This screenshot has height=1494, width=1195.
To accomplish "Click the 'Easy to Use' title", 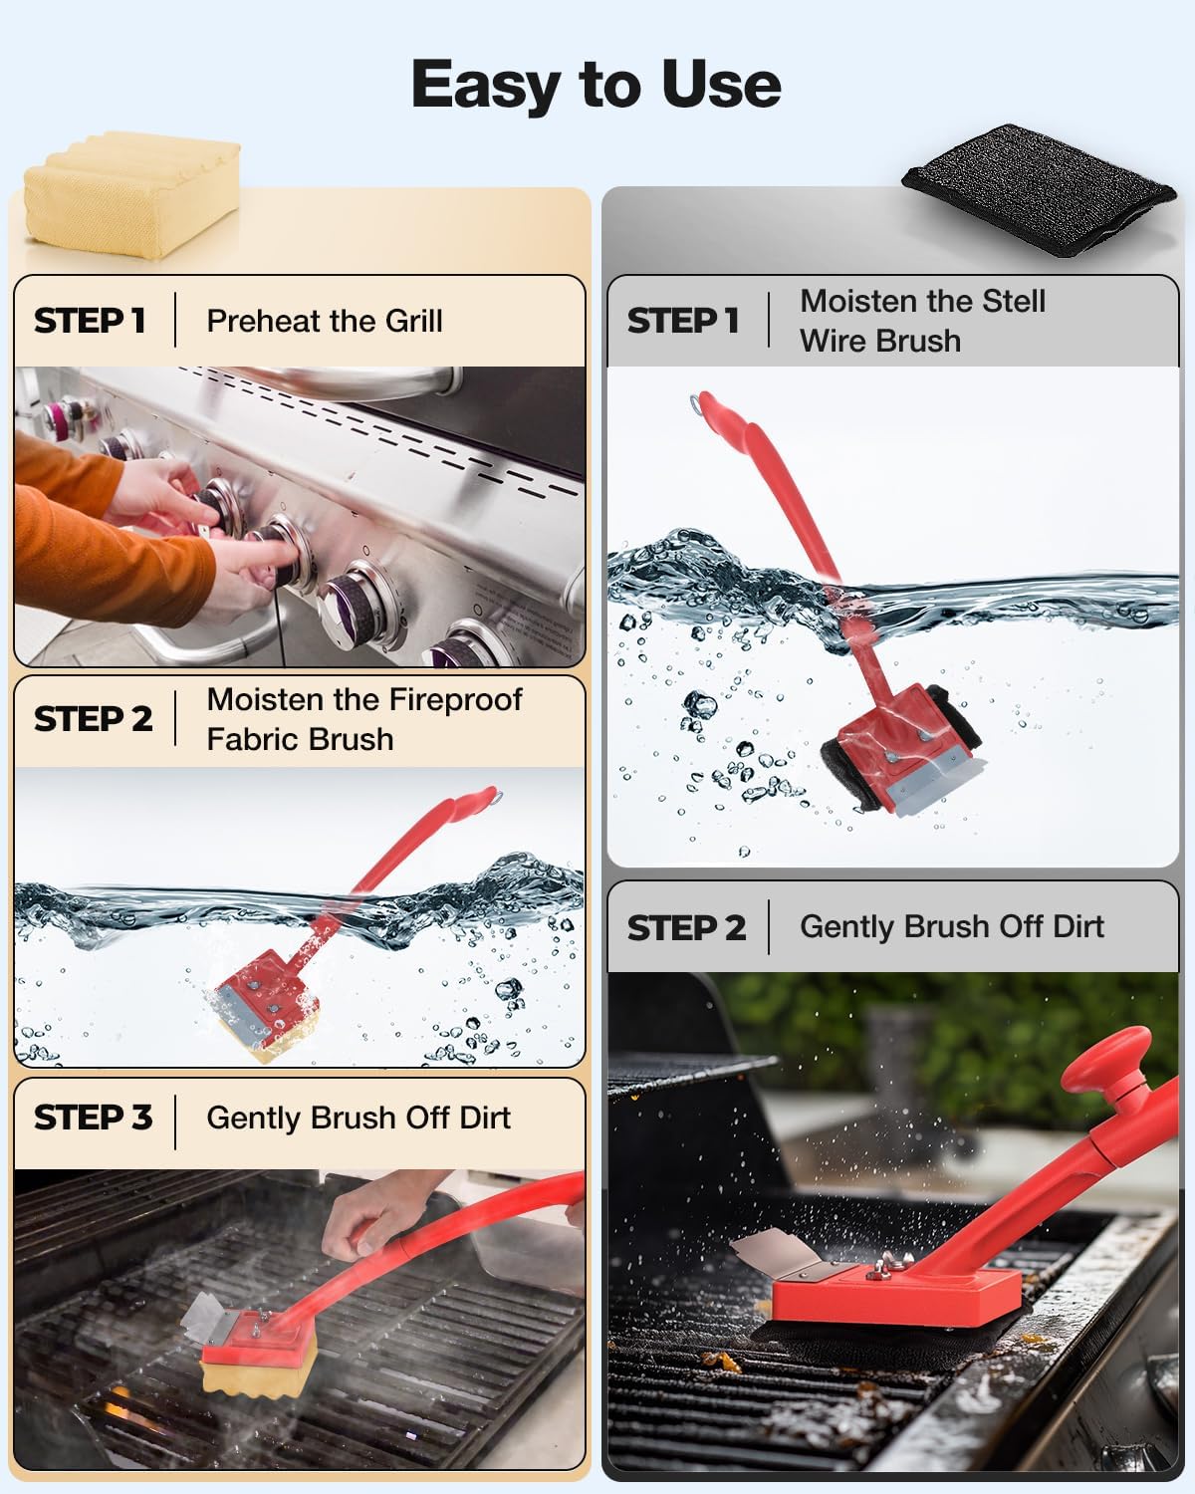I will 596,84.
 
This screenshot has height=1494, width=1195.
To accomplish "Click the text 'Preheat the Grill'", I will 324,321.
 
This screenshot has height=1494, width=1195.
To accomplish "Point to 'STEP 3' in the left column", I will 93,1118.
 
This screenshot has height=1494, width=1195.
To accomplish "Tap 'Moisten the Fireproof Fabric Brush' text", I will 363,719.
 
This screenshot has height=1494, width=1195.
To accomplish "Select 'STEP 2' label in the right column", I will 686,927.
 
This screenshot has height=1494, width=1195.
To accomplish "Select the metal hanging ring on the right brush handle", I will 698,403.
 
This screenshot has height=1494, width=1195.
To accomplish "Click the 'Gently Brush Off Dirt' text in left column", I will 358,1118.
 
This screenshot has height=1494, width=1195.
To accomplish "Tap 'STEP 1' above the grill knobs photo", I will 90,321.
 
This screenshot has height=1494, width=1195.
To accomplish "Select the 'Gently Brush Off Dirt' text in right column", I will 951,926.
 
